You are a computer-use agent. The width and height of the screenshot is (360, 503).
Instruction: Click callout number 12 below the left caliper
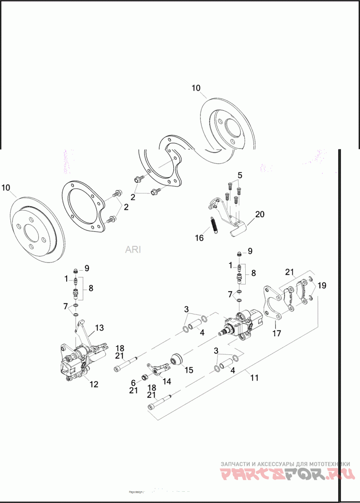tap(94, 384)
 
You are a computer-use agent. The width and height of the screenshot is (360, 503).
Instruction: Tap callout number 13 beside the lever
tap(99, 327)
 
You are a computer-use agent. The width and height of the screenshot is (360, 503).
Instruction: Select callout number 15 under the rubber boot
tap(189, 370)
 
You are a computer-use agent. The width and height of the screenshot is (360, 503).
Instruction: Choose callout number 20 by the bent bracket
tap(260, 214)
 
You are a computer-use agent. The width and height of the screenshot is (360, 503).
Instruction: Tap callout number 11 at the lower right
tap(255, 377)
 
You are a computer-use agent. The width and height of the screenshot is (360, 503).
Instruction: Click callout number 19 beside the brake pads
tap(322, 285)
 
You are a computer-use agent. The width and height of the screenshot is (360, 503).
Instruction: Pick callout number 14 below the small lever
tap(166, 381)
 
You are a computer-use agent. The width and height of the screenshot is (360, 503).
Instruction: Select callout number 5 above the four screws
tap(240, 175)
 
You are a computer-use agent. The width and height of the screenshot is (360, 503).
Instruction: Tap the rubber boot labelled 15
tap(177, 359)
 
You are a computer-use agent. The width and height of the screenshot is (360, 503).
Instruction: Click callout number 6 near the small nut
tap(133, 381)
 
